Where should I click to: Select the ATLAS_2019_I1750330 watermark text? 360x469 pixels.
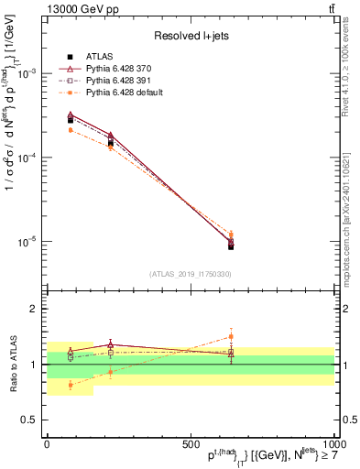point(191,274)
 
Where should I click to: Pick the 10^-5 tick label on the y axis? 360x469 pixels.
point(28,242)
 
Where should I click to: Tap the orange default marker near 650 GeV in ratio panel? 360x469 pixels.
point(231,336)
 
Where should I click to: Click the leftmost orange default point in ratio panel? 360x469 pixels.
point(71,385)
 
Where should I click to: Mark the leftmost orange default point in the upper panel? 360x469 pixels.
point(71,130)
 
